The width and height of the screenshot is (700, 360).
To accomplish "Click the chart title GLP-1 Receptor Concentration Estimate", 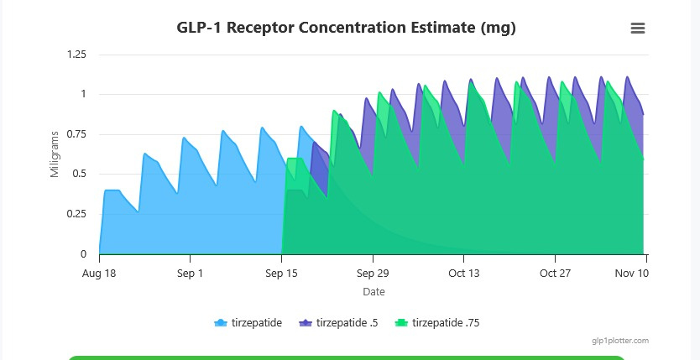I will pyautogui.click(x=346, y=28).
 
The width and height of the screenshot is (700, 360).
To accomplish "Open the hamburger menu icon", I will pyautogui.click(x=638, y=28).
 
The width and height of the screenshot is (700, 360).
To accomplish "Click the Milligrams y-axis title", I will pyautogui.click(x=55, y=154).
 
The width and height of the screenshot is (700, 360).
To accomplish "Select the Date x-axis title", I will pyautogui.click(x=374, y=291).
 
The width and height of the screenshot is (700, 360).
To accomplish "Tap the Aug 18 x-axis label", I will pyautogui.click(x=99, y=274).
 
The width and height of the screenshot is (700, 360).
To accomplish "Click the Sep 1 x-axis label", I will pyautogui.click(x=191, y=274).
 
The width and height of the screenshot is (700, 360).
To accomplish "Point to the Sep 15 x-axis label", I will pyautogui.click(x=281, y=274).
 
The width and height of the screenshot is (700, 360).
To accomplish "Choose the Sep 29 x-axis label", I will pyautogui.click(x=373, y=274).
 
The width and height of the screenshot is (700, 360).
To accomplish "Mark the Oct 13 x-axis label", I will pyautogui.click(x=463, y=274).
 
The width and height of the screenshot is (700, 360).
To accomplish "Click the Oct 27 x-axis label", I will pyautogui.click(x=555, y=274).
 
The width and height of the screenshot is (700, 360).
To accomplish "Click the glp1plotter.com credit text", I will pyautogui.click(x=620, y=341).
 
